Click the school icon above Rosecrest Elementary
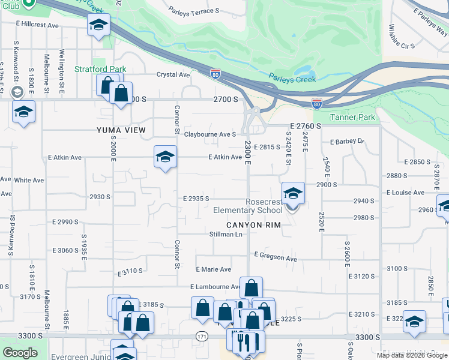(292, 194)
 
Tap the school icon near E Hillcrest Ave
(98, 26)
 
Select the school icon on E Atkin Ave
(165, 157)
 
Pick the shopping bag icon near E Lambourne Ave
(251, 288)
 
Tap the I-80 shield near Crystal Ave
(215, 74)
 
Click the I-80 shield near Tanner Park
(317, 103)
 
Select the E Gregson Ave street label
(276, 258)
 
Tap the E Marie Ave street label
(213, 269)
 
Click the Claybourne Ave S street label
(210, 134)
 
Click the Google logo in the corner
(20, 353)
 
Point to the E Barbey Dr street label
(347, 142)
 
